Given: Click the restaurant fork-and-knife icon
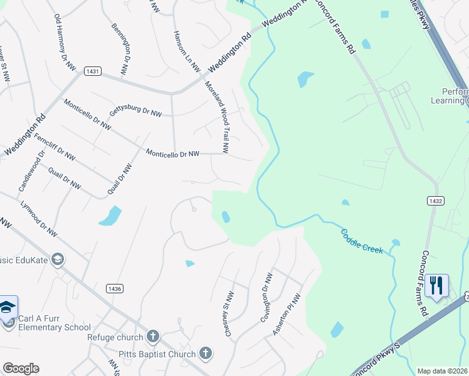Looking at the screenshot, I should coord(436,285).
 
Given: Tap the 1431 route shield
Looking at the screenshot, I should coord(92,72).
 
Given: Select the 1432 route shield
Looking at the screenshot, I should coord(436,201).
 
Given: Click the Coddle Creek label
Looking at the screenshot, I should coord(362,241).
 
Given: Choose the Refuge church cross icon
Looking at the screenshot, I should coord(152,337).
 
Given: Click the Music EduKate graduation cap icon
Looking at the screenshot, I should coord(58,259).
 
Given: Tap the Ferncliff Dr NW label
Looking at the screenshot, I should coord(55,147).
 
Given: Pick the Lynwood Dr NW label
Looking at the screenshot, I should coord(39,219).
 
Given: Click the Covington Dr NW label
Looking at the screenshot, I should coord(266,298).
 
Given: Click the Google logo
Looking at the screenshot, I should coord(21,368).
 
